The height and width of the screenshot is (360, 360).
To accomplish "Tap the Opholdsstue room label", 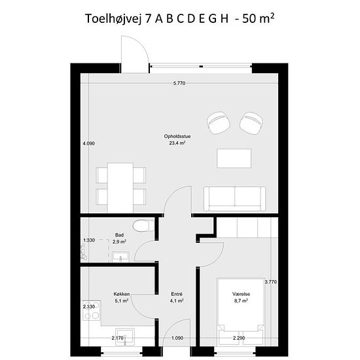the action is click(177, 136).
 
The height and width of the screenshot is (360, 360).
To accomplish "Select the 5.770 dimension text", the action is click(179, 83).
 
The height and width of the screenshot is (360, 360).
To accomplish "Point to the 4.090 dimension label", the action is click(88, 143).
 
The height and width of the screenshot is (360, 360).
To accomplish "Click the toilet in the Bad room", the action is click(143, 226).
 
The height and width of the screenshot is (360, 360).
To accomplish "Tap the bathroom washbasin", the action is click(121, 257).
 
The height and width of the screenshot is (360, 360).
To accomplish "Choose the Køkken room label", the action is click(122, 294).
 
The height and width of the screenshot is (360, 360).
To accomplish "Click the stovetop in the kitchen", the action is click(92, 310).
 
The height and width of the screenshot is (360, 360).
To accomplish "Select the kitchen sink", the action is click(124, 336).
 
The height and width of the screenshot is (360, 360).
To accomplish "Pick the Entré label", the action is click(177, 294).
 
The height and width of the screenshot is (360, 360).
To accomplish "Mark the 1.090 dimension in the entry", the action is click(177, 338).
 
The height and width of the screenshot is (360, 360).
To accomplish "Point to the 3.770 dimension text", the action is click(271, 282).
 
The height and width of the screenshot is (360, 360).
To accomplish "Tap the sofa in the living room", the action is click(234, 199).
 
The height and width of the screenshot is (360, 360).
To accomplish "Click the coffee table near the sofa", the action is click(234, 158).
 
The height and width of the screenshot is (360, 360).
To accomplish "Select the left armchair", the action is click(219, 123).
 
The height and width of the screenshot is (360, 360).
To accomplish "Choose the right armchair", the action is click(251, 123).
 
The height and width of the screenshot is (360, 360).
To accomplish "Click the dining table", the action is click(120, 188).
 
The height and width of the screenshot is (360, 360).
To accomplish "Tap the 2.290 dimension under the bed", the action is click(239, 338).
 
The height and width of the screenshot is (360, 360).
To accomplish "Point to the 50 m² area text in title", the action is click(259, 18).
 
